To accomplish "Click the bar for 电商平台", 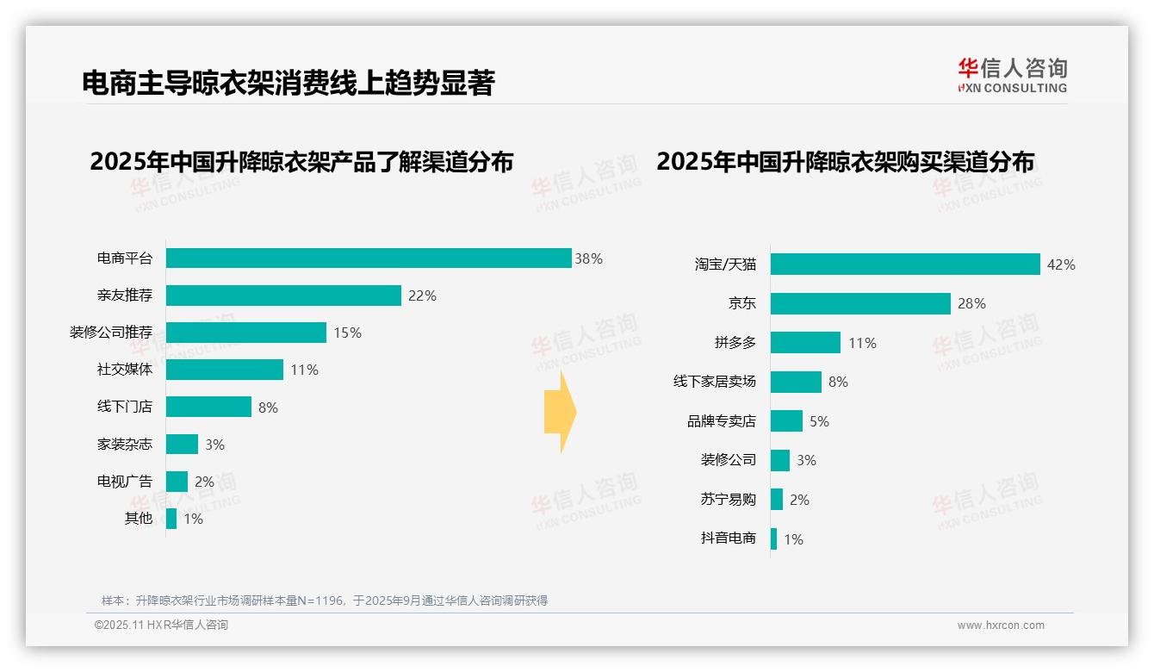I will (369, 258).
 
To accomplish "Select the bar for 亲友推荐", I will (283, 296).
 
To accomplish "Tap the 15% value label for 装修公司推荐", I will (347, 333).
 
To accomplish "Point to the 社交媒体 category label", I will (124, 370).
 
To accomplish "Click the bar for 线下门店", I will (208, 407).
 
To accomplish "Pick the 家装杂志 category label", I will (124, 445).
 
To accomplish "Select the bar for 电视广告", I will (177, 482).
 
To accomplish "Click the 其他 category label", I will (138, 519).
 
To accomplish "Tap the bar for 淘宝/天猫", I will (905, 264).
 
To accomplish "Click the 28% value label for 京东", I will (971, 304).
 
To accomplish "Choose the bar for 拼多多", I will (805, 343).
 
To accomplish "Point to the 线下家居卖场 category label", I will (714, 382).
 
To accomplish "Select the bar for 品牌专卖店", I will (786, 421).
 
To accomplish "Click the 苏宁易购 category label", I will (728, 500).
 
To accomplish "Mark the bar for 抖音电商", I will (773, 539).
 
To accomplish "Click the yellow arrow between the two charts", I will (560, 412).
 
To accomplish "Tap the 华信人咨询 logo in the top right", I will (1012, 76).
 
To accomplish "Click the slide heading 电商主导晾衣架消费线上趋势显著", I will (288, 83).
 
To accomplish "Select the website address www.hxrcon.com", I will (1001, 625).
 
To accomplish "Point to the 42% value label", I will (1061, 264).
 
